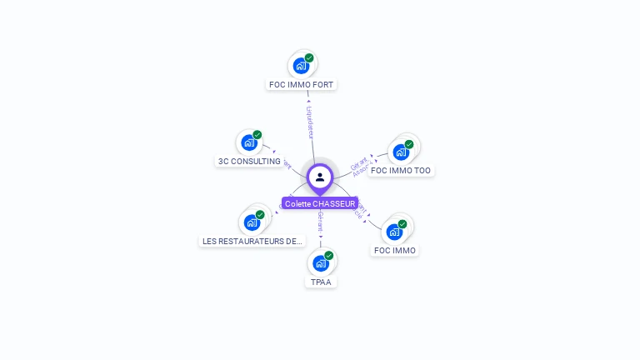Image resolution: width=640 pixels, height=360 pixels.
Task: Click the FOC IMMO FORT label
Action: (x=302, y=84)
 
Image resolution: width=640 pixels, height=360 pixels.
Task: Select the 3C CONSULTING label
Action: (x=249, y=161)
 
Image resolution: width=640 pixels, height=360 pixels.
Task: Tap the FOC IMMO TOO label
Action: (x=401, y=170)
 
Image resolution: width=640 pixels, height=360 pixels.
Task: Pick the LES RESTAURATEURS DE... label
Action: (x=252, y=241)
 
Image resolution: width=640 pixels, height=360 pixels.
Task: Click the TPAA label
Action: (x=320, y=282)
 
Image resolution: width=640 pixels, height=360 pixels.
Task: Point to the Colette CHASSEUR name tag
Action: (x=320, y=203)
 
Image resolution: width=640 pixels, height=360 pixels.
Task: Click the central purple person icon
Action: (x=320, y=177)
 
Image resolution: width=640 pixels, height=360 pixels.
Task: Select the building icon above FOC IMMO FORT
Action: (x=301, y=66)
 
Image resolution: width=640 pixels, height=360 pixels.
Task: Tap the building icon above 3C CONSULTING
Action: (x=248, y=142)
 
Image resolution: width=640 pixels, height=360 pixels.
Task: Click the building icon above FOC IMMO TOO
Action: (x=401, y=152)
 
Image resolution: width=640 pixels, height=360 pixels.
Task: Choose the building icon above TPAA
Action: (x=320, y=263)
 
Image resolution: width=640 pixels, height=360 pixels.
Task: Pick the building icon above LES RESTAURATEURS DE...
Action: (x=251, y=222)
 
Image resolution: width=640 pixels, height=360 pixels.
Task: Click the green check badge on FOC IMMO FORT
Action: (x=309, y=58)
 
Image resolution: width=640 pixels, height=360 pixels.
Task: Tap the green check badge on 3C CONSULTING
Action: (x=257, y=135)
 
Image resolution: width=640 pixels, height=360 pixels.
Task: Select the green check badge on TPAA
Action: (x=329, y=256)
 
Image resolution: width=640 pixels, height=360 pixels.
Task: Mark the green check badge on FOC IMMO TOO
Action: (x=409, y=144)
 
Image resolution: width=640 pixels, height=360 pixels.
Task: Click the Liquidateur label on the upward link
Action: (x=309, y=122)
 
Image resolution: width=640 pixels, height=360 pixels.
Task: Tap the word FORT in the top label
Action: (x=323, y=84)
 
